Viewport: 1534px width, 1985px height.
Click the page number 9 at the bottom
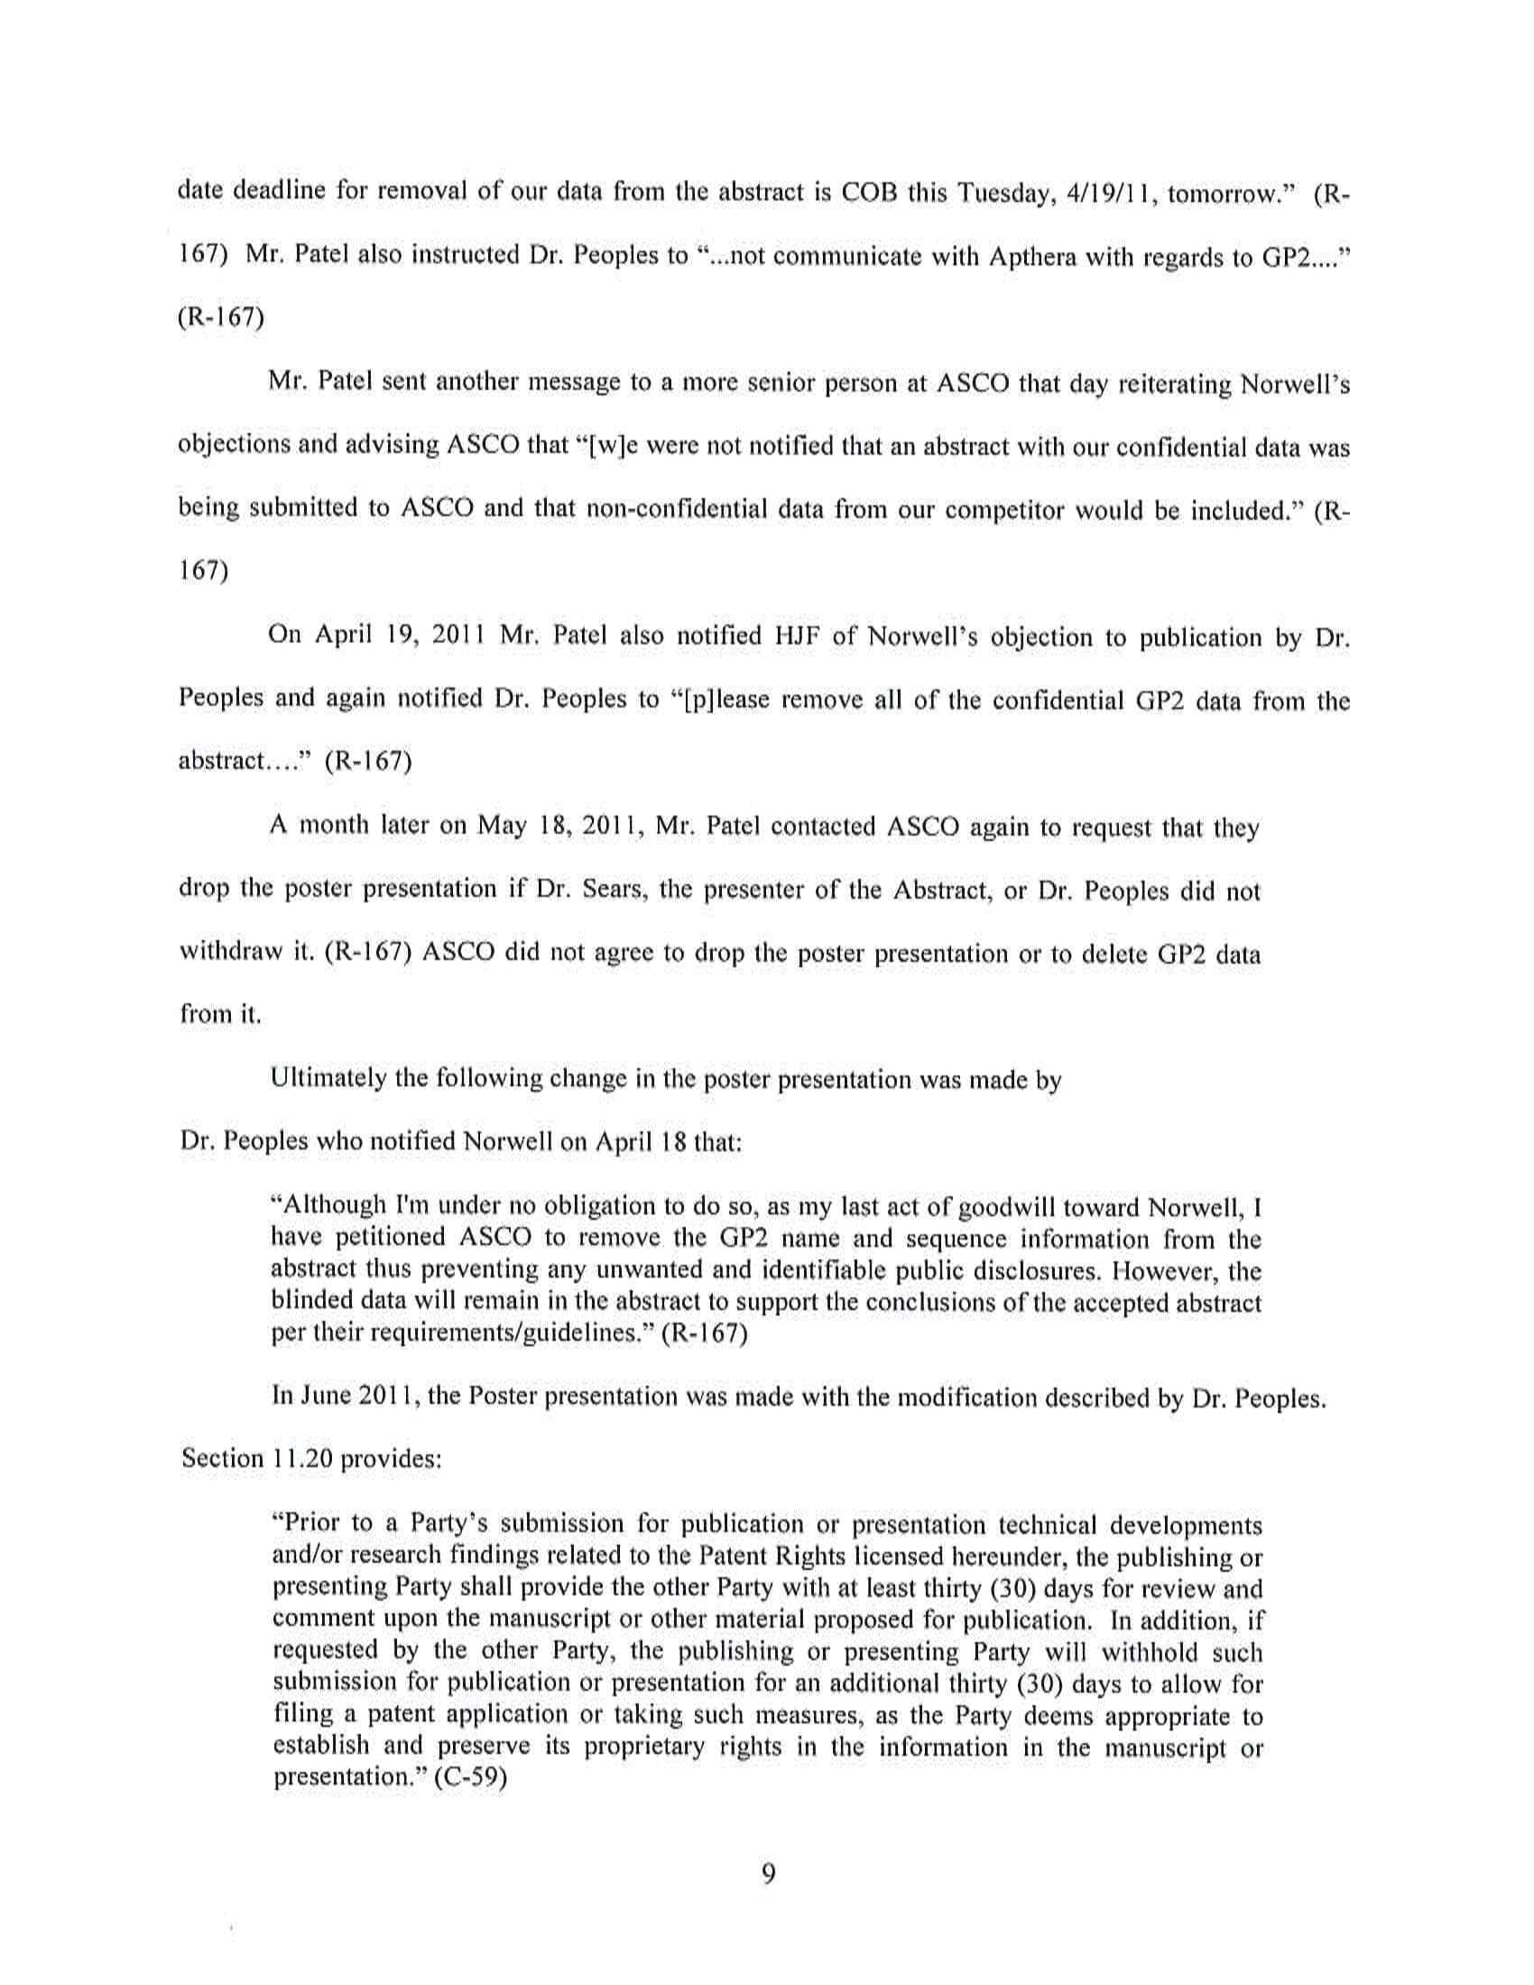[x=768, y=1873]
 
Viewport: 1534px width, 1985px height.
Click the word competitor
[x=1006, y=510]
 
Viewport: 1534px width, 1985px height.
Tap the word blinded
[x=313, y=1301]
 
